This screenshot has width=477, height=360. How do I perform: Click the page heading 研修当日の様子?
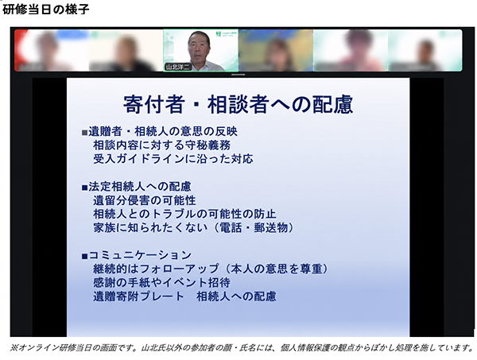(45, 10)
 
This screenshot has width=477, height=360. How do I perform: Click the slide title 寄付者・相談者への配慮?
(238, 104)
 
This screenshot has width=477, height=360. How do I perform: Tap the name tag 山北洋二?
(178, 67)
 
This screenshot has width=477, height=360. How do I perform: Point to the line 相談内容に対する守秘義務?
(162, 145)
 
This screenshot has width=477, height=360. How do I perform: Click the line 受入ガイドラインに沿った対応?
(173, 159)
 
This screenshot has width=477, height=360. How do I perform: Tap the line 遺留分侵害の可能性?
(145, 200)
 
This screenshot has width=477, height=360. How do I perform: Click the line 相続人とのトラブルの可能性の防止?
(184, 214)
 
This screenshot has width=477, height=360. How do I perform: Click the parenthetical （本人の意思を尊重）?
(274, 269)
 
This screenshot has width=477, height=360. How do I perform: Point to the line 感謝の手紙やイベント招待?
(161, 283)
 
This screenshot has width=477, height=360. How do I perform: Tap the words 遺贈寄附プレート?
(138, 296)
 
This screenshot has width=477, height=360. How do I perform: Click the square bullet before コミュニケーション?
(84, 257)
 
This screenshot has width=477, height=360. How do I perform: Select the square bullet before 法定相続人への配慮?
(84, 188)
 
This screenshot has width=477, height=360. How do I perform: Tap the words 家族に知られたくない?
(150, 228)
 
